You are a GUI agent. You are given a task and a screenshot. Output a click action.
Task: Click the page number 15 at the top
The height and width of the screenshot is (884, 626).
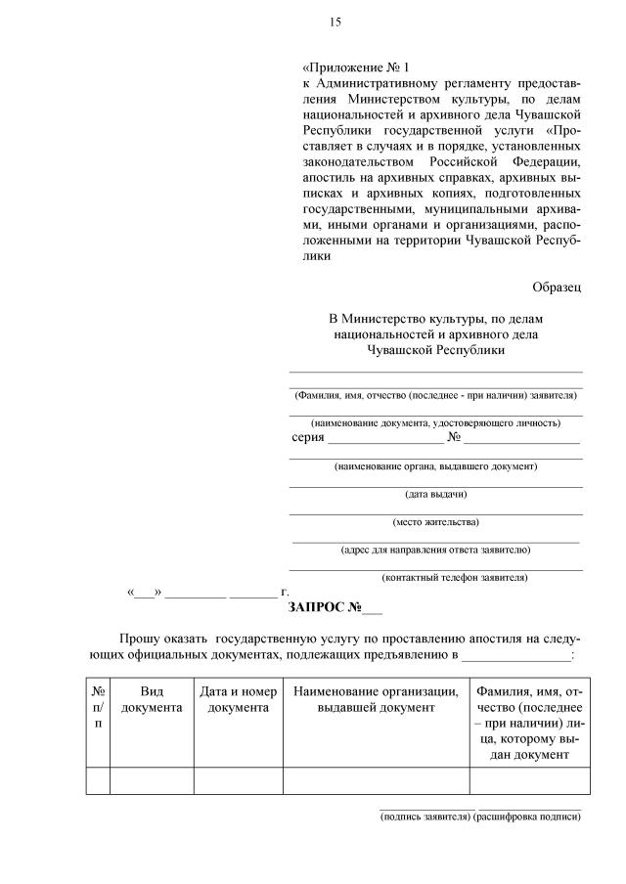pyautogui.click(x=335, y=22)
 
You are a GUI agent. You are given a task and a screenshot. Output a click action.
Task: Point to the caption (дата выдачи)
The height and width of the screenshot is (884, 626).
pyautogui.click(x=435, y=494)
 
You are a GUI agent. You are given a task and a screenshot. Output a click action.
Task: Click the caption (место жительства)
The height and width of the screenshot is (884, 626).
pyautogui.click(x=435, y=521)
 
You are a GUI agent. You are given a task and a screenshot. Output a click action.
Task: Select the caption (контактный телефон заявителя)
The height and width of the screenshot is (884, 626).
pyautogui.click(x=455, y=577)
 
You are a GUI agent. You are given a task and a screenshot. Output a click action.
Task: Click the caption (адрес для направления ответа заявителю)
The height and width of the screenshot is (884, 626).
pyautogui.click(x=435, y=550)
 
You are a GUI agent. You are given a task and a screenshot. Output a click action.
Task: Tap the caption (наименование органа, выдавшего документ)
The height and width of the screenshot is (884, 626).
pyautogui.click(x=435, y=466)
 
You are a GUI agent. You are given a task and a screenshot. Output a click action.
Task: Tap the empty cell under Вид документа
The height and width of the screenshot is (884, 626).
pyautogui.click(x=152, y=781)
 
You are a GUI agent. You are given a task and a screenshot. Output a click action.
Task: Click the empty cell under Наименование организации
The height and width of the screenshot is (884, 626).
pyautogui.click(x=376, y=781)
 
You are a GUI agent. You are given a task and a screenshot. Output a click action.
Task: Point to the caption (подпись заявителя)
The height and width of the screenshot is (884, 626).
pyautogui.click(x=425, y=818)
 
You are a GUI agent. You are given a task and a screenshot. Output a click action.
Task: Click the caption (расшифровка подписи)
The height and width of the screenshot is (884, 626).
pyautogui.click(x=527, y=818)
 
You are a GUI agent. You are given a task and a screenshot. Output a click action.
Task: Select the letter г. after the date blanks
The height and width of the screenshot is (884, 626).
pyautogui.click(x=285, y=593)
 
